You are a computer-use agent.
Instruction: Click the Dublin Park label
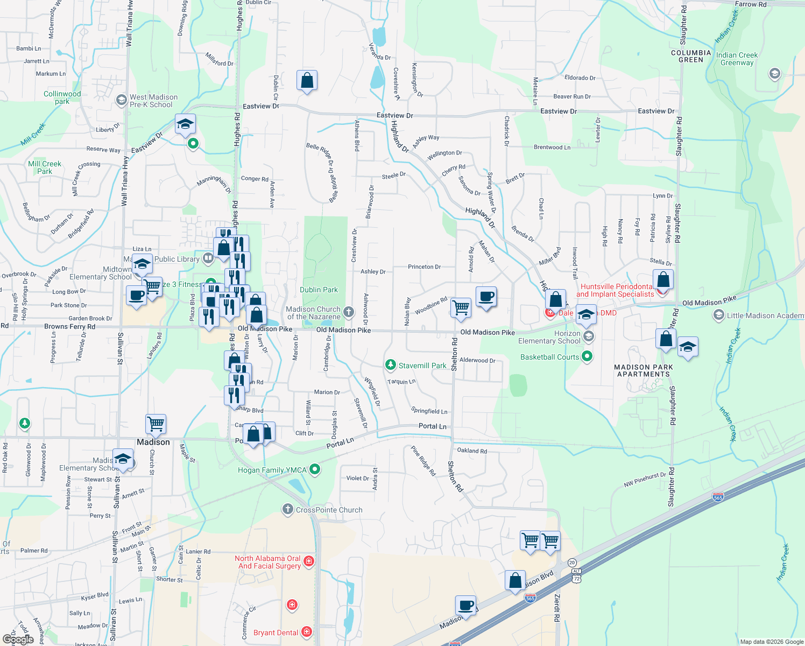[319, 290]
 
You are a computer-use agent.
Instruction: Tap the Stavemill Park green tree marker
[391, 365]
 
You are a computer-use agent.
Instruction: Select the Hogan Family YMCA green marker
[315, 470]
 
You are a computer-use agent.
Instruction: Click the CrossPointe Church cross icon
[288, 509]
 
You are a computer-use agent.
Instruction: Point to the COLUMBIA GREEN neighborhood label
[691, 57]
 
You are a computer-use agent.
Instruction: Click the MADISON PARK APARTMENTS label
[644, 370]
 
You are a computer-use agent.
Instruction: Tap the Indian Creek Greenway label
[737, 59]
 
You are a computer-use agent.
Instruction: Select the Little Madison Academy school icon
[718, 315]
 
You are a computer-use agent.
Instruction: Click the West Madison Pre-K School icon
[122, 100]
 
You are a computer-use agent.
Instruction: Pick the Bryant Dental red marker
[306, 631]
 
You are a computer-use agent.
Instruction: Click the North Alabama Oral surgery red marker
[309, 561]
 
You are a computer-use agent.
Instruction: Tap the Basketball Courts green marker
[588, 356]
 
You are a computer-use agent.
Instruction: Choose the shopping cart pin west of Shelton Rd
[461, 308]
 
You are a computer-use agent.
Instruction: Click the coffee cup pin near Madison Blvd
[465, 605]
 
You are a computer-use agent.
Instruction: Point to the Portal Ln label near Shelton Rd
[432, 426]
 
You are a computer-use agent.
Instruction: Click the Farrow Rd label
[750, 4]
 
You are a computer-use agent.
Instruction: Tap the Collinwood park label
[62, 97]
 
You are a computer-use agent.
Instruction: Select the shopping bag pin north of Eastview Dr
[307, 81]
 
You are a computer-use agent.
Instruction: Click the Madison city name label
[153, 442]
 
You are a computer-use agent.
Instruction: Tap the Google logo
[18, 639]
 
